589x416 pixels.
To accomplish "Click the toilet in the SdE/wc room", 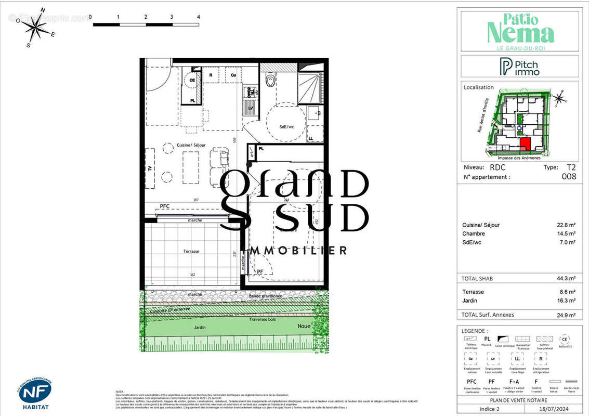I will coord(270,80).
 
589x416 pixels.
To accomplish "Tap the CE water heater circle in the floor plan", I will coord(192,81).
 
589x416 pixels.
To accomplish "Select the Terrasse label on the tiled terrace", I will coord(191,251).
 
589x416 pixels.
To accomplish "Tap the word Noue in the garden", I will coord(304,326).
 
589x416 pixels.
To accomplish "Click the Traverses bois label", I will coord(263,319).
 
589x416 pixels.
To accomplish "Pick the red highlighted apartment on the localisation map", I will coord(525,144).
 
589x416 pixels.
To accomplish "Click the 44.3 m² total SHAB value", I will coord(566,278).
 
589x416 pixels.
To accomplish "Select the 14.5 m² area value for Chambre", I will coord(566,233).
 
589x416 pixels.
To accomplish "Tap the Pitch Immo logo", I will coord(519,67).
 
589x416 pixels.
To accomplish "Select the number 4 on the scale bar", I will coord(199,17).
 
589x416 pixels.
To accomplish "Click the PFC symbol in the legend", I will coord(472,382).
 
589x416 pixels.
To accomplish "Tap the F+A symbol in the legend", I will coord(515,382).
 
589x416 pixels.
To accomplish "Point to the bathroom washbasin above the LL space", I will coord(313,113).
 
